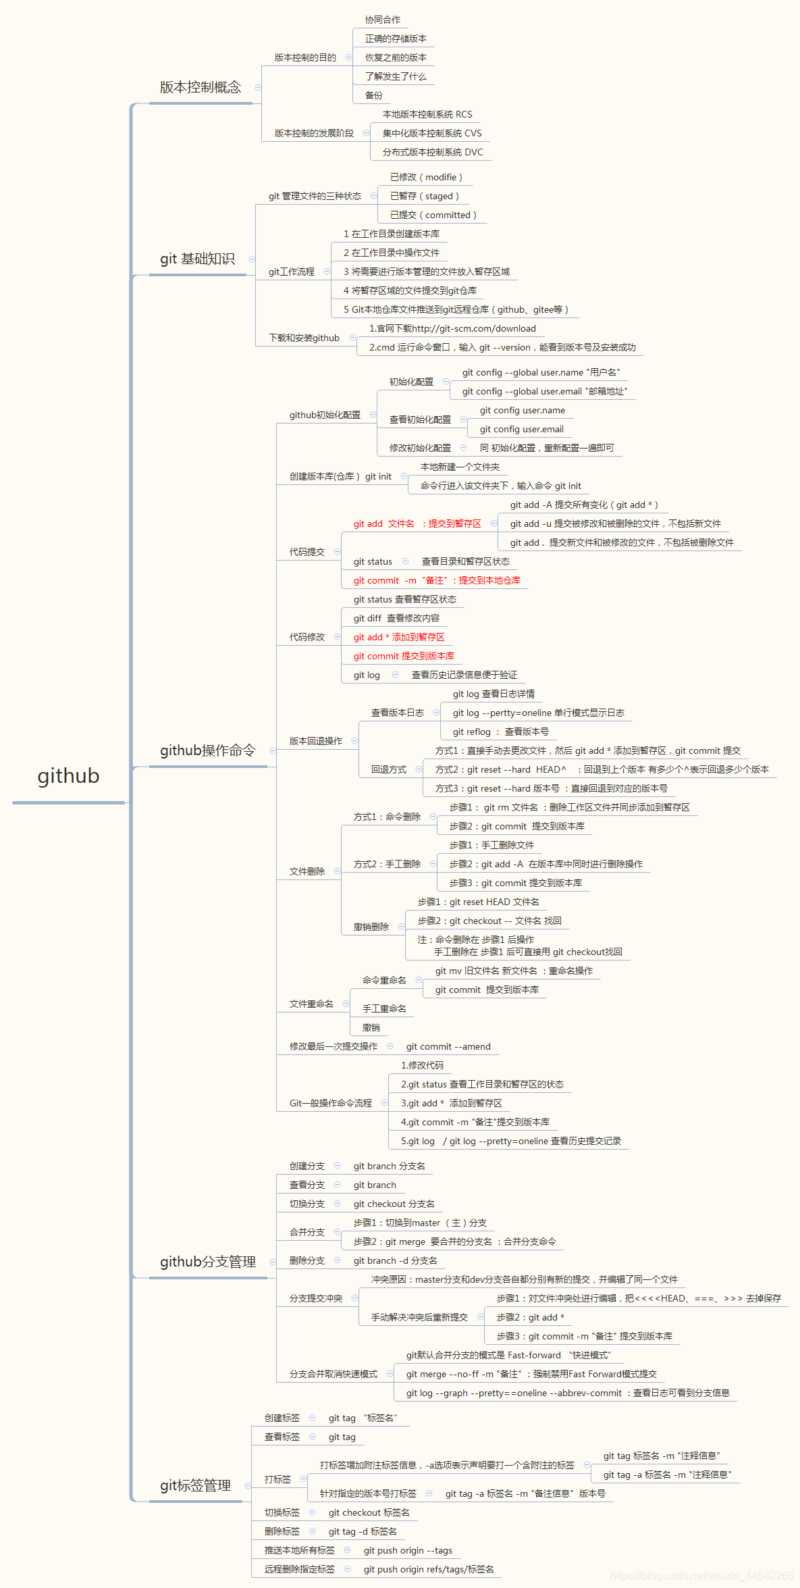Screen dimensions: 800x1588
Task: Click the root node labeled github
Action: (68, 776)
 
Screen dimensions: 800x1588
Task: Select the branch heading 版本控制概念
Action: (200, 87)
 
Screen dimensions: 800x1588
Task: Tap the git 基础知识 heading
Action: (197, 259)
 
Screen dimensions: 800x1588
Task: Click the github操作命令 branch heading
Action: (207, 750)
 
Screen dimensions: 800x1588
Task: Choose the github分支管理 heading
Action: (207, 1262)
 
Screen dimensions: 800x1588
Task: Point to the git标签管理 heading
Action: (195, 1485)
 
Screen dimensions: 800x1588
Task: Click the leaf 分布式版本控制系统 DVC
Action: (433, 152)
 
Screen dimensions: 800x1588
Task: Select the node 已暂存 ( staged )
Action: (424, 196)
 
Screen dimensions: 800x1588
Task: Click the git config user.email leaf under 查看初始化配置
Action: (521, 429)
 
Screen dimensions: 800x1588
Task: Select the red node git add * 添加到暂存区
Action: (398, 637)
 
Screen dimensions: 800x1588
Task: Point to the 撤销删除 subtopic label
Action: (371, 927)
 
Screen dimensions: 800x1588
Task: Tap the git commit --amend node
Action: (448, 1046)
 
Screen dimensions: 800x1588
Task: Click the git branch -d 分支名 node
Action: (395, 1260)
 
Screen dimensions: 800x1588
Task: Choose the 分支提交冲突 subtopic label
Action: (315, 1298)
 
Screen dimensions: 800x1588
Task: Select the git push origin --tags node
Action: (408, 1550)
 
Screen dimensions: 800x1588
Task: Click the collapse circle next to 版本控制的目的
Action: (348, 57)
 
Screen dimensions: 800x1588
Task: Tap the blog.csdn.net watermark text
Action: (701, 1576)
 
